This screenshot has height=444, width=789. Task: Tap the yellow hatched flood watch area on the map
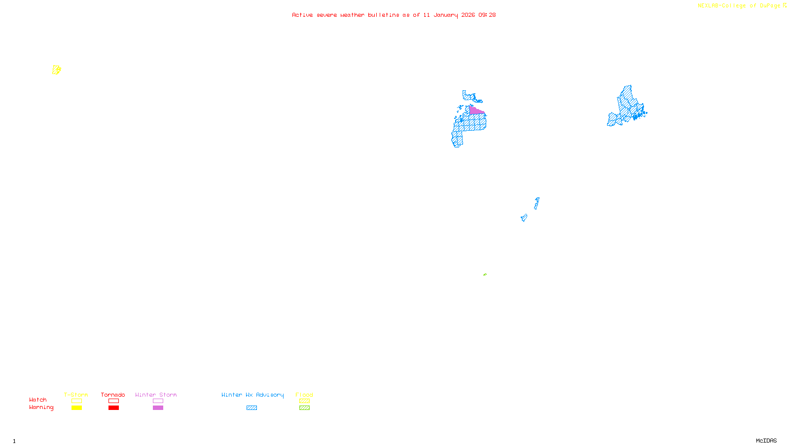pyautogui.click(x=56, y=70)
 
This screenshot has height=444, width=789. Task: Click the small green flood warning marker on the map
pyautogui.click(x=485, y=274)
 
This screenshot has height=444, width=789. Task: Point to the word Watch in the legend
pyautogui.click(x=38, y=400)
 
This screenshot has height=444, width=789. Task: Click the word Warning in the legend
pyautogui.click(x=41, y=407)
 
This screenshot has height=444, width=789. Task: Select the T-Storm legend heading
pyautogui.click(x=76, y=395)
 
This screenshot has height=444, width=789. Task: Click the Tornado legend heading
pyautogui.click(x=113, y=395)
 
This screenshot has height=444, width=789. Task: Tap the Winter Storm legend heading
pyautogui.click(x=156, y=395)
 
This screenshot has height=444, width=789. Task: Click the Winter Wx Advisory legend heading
pyautogui.click(x=252, y=395)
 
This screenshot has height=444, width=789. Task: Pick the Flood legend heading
pyautogui.click(x=304, y=395)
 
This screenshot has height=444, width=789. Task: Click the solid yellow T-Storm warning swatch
pyautogui.click(x=76, y=408)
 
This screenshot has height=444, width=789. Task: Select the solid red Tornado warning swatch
pyautogui.click(x=113, y=408)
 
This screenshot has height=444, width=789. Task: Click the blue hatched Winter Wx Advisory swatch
pyautogui.click(x=251, y=408)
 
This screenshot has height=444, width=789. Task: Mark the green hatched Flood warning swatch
pyautogui.click(x=304, y=408)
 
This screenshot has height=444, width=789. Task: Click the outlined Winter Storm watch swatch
pyautogui.click(x=158, y=401)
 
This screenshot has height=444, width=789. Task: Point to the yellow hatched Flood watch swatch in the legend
pyautogui.click(x=304, y=401)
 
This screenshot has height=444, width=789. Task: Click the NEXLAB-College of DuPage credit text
pyautogui.click(x=739, y=6)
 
